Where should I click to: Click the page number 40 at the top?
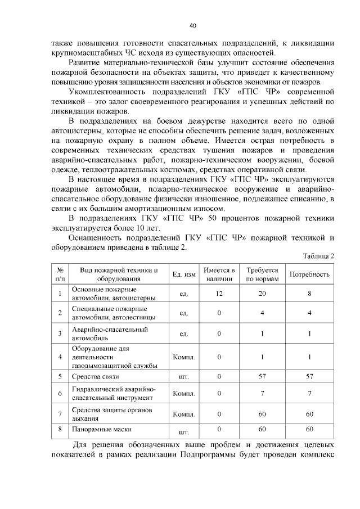193,25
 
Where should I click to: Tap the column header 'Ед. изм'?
184,274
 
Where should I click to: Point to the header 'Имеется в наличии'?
219,274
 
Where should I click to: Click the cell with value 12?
219,294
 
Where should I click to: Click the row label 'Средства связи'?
96,375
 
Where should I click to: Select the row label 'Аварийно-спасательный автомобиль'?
102,334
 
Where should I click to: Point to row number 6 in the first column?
60,394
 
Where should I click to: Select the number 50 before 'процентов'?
218,218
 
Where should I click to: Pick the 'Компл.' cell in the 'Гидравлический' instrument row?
183,394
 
